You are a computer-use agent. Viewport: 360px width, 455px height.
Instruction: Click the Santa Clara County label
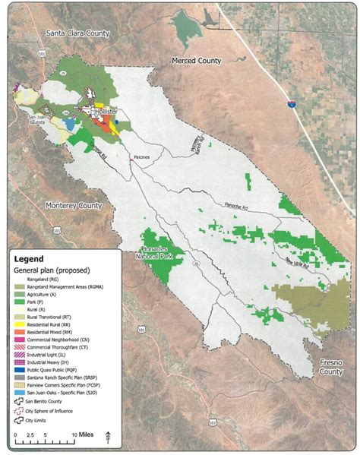point(77,33)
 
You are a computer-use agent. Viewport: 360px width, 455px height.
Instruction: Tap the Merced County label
point(195,59)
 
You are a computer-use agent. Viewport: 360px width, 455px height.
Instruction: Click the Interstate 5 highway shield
point(293,101)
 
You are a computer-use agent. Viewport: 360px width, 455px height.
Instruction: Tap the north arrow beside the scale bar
point(109,435)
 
